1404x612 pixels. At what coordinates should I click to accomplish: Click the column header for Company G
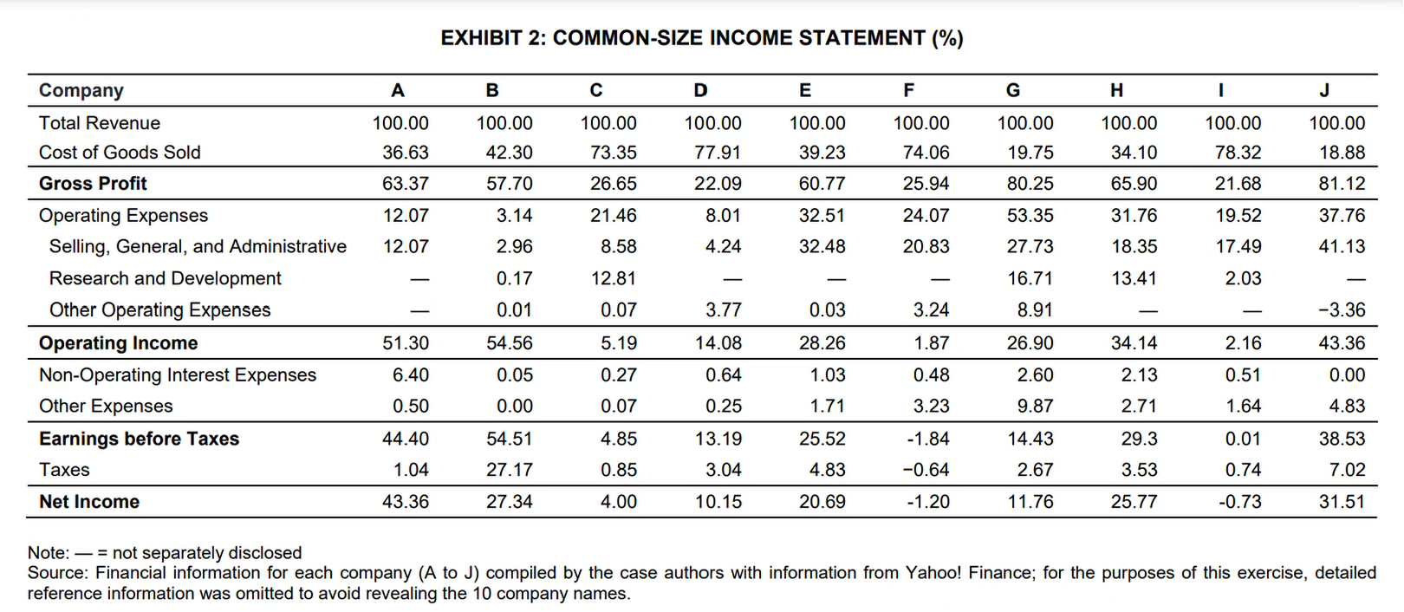coord(1012,90)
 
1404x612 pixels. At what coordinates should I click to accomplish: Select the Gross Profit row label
coord(93,184)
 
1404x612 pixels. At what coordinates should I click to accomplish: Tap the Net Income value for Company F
coord(927,502)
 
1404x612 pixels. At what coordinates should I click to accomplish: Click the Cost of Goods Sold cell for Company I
coord(1238,153)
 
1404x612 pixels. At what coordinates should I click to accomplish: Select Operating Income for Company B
coord(509,343)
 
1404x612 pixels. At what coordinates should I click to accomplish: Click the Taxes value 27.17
coord(509,470)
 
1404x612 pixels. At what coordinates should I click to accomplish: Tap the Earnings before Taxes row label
coord(139,439)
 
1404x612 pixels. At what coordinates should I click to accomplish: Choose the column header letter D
coord(700,90)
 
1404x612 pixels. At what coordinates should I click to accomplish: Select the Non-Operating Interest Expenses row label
coord(178,375)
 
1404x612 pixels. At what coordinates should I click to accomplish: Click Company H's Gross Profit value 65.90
coord(1134,184)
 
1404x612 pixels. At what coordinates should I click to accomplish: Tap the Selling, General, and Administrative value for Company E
coord(822,247)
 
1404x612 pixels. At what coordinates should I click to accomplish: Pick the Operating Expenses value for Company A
coord(406,216)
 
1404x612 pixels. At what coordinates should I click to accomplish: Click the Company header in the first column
coord(81,90)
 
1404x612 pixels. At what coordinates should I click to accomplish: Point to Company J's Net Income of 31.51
coord(1342,502)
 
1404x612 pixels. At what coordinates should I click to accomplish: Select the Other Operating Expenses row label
coord(159,310)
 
